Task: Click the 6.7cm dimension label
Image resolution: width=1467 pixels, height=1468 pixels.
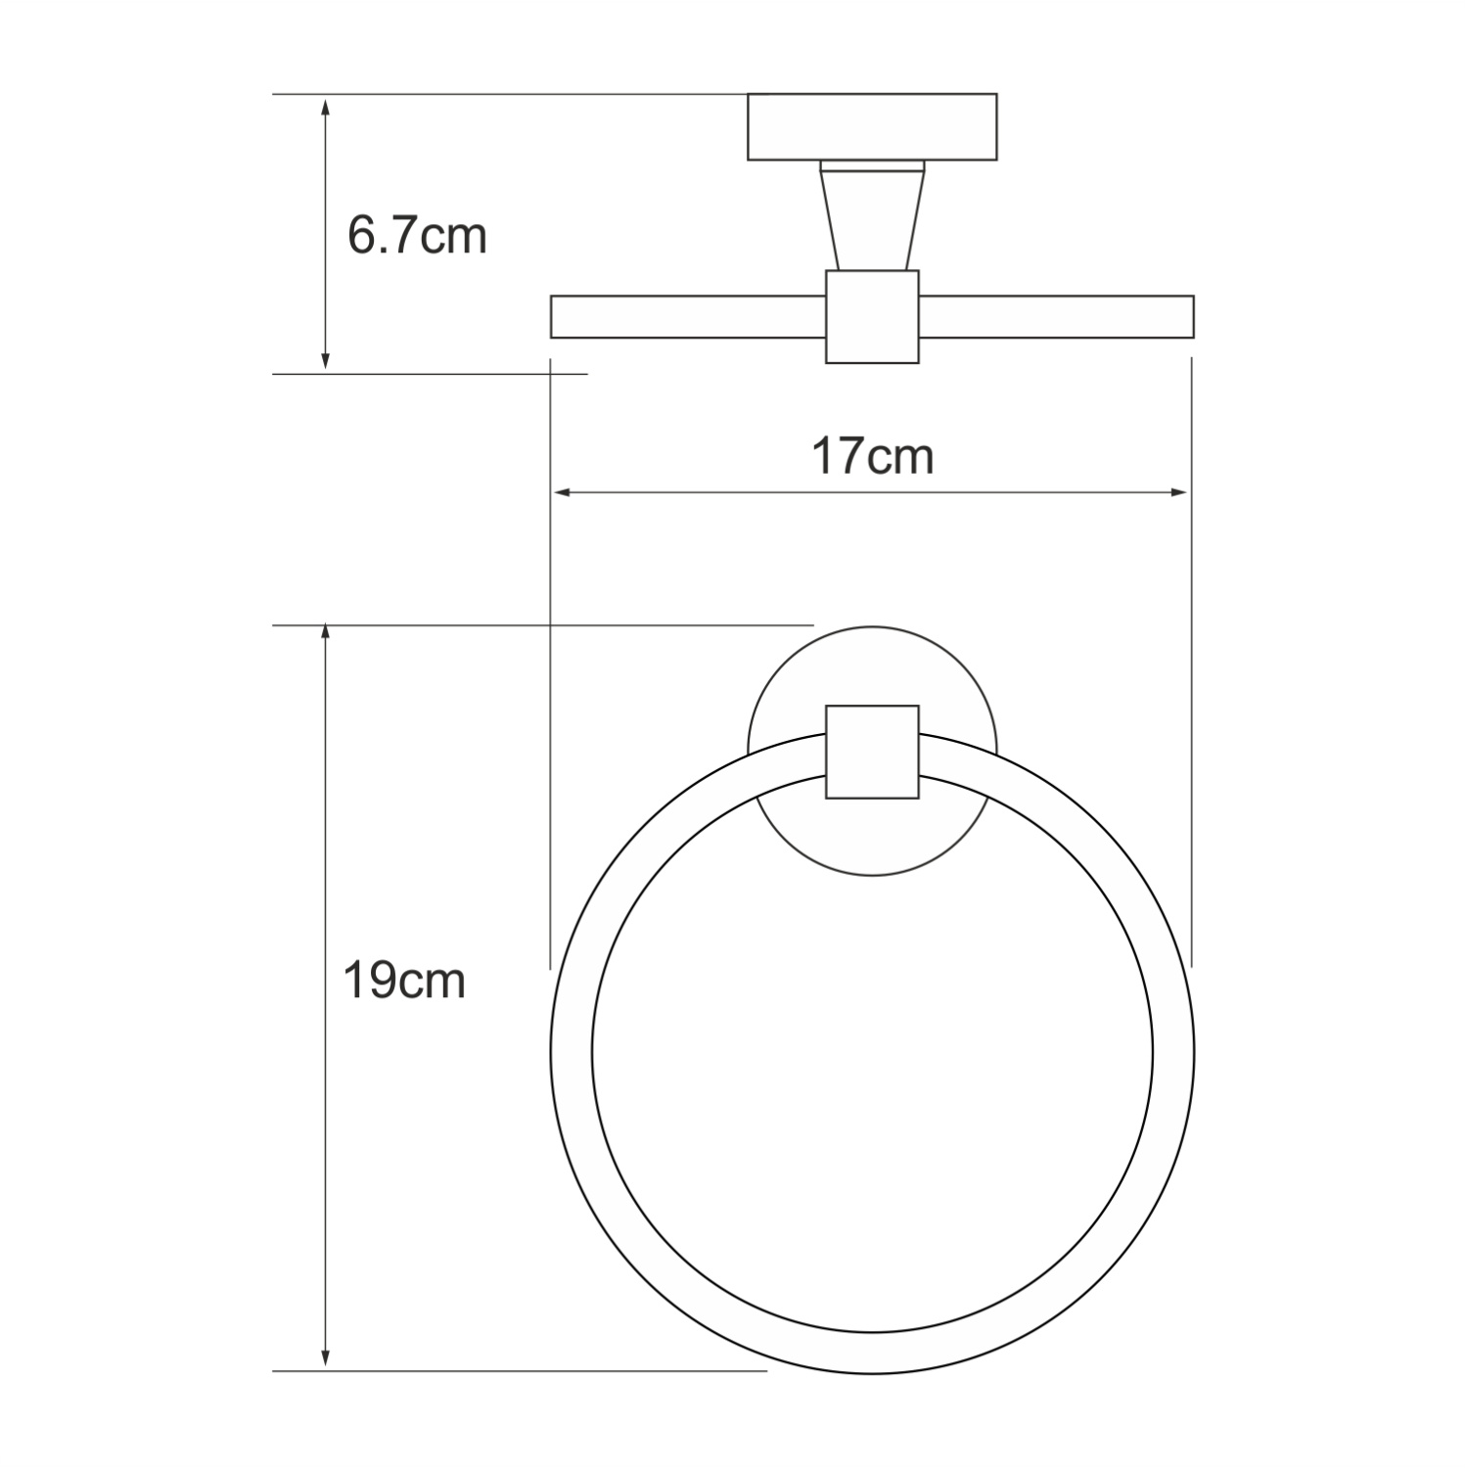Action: tap(417, 236)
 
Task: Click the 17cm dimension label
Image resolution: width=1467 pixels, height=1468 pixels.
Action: tap(872, 456)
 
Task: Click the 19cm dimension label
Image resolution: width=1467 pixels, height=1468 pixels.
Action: tap(403, 981)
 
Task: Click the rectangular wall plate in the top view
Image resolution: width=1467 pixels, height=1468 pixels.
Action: tap(872, 126)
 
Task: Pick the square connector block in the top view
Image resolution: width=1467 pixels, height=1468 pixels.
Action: tap(872, 316)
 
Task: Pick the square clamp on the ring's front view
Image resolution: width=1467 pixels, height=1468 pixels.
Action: tap(872, 752)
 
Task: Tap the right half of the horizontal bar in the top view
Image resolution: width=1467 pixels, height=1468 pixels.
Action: tap(1056, 316)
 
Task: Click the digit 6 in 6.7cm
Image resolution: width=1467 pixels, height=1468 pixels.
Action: tap(362, 236)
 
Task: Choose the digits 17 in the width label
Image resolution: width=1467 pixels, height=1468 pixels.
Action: tap(839, 456)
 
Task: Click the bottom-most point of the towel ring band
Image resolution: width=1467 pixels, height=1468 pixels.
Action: tap(872, 1353)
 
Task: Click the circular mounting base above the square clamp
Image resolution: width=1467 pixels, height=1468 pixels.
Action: tap(872, 665)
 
